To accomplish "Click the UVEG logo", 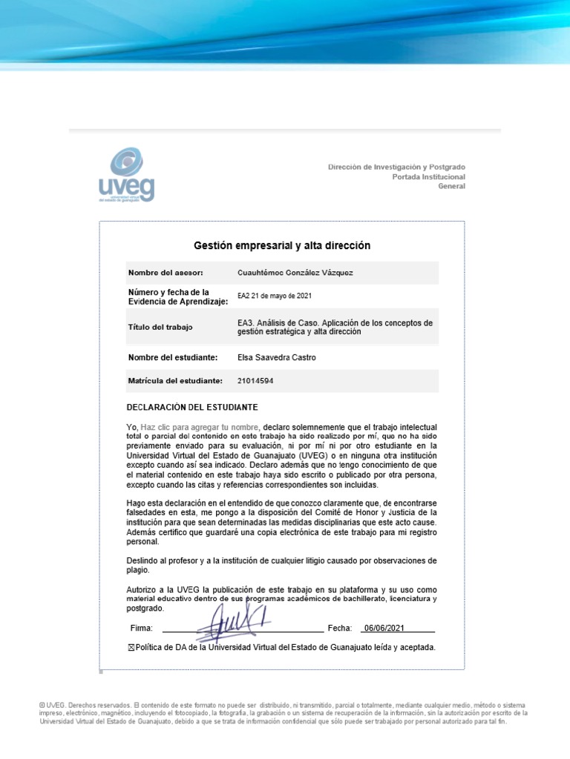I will (x=127, y=176).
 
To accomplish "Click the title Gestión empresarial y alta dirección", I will (x=282, y=245).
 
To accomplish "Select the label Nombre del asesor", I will (x=165, y=273).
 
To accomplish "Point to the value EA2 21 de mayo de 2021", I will (x=274, y=296).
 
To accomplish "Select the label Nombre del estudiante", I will (x=172, y=357).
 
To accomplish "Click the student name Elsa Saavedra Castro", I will (x=276, y=357).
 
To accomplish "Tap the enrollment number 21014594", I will (x=255, y=380).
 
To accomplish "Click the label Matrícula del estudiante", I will (x=175, y=380).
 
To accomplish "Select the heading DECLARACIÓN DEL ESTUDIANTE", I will (x=192, y=408).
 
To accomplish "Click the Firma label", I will (x=141, y=629).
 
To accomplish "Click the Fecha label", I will (x=338, y=629).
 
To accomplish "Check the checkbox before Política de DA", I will (x=132, y=647).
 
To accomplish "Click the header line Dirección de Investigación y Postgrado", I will (x=397, y=167).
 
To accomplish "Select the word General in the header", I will (x=451, y=186).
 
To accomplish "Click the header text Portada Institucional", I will (x=428, y=176).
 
